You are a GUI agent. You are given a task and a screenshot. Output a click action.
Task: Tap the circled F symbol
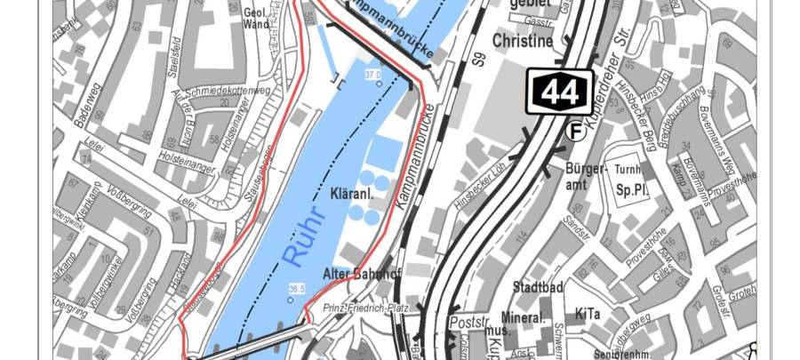(x=576, y=132)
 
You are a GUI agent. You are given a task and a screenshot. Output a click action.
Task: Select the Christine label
(x=523, y=41)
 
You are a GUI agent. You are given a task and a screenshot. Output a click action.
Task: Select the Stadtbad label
(x=539, y=287)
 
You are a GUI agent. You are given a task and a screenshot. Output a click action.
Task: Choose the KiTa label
(x=587, y=314)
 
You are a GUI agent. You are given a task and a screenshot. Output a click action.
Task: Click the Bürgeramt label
(x=585, y=176)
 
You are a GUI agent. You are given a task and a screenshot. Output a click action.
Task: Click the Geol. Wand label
(x=256, y=19)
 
